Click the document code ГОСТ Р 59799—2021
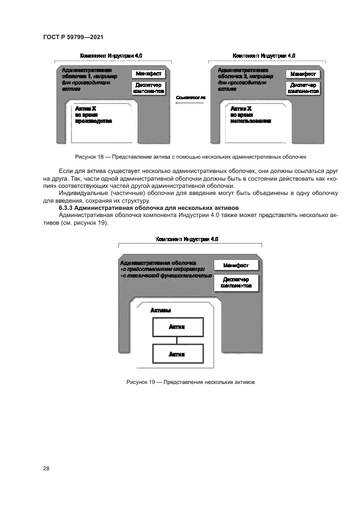(73, 37)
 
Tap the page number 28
(46, 468)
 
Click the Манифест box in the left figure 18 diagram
(148, 73)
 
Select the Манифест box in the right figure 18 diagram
(303, 73)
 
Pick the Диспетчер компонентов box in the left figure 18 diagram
(148, 88)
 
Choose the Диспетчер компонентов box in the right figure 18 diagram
(303, 88)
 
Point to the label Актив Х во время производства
(93, 115)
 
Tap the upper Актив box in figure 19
(177, 327)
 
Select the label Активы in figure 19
(160, 311)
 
